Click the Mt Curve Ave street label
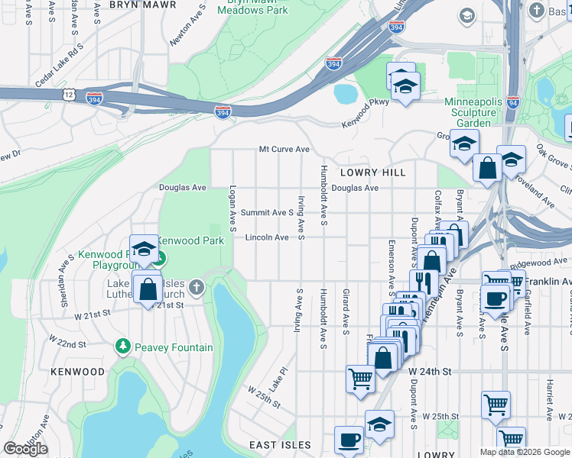point(284,150)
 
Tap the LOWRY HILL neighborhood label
point(373,173)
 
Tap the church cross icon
point(197,288)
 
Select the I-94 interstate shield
point(512,101)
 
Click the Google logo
point(25,449)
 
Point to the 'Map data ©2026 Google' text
point(525,452)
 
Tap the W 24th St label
point(431,371)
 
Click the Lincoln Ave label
point(267,237)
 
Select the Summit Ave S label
point(267,212)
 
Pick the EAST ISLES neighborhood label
point(280,445)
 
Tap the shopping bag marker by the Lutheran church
point(147,289)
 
